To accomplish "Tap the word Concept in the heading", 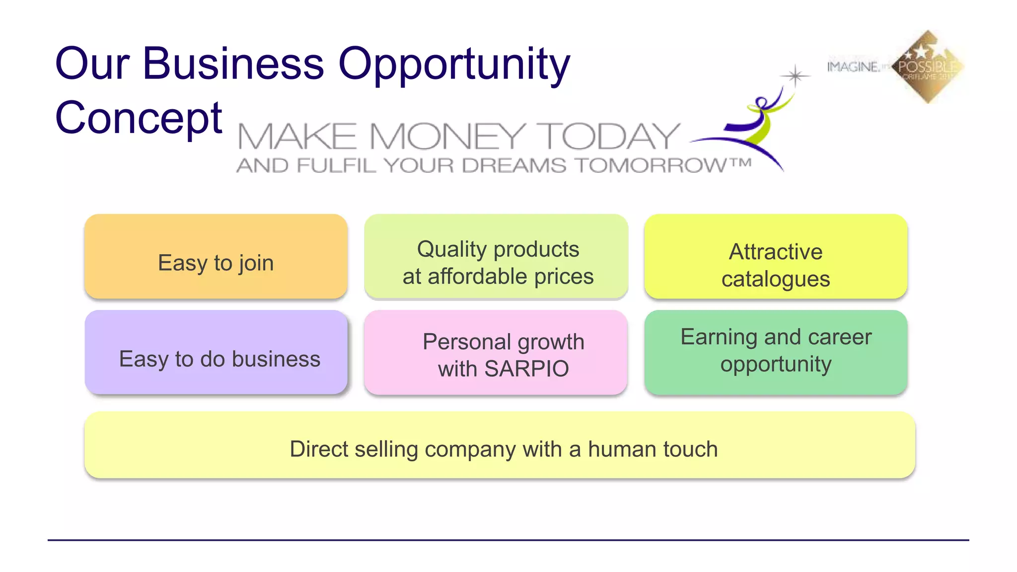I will [x=139, y=118].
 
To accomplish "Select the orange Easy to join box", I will [x=216, y=257].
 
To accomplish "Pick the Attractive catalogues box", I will [x=776, y=257].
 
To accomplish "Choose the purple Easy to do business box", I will [x=216, y=353].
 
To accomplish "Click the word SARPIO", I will [x=526, y=369].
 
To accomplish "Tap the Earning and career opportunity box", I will [x=776, y=353].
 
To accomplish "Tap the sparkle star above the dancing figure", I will [x=796, y=76].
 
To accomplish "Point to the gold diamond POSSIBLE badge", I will [x=928, y=67].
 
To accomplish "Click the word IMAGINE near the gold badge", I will [x=853, y=67].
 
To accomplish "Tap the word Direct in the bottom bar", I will [x=319, y=449].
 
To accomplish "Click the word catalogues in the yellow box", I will [x=776, y=279].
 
